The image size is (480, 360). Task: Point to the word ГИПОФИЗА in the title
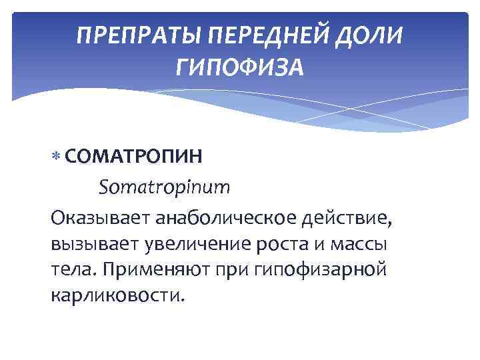(x=240, y=67)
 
